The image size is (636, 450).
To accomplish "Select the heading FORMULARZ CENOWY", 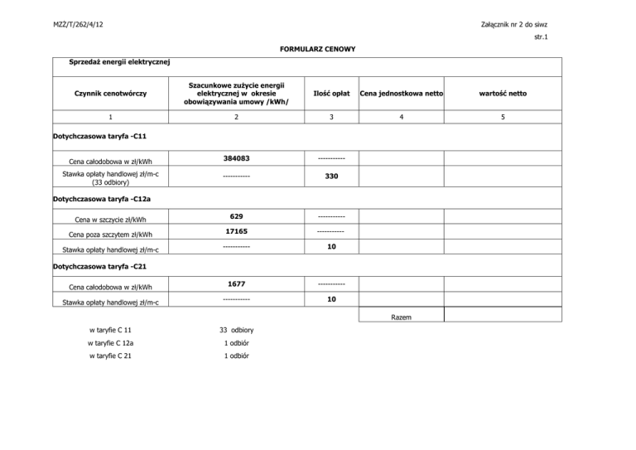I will pos(318,49).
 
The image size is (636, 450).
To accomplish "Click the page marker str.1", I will pos(542,37).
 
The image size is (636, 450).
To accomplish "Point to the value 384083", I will pos(237,157).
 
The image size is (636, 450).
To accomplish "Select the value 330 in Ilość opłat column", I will pos(330,177).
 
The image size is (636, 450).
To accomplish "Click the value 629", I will pos(237,216).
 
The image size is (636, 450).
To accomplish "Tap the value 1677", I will pos(237,283).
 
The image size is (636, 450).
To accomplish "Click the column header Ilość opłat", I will pos(330,93).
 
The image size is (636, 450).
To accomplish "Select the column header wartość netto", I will pos(503,93).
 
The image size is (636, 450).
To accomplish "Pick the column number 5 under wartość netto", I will pos(503,118).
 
